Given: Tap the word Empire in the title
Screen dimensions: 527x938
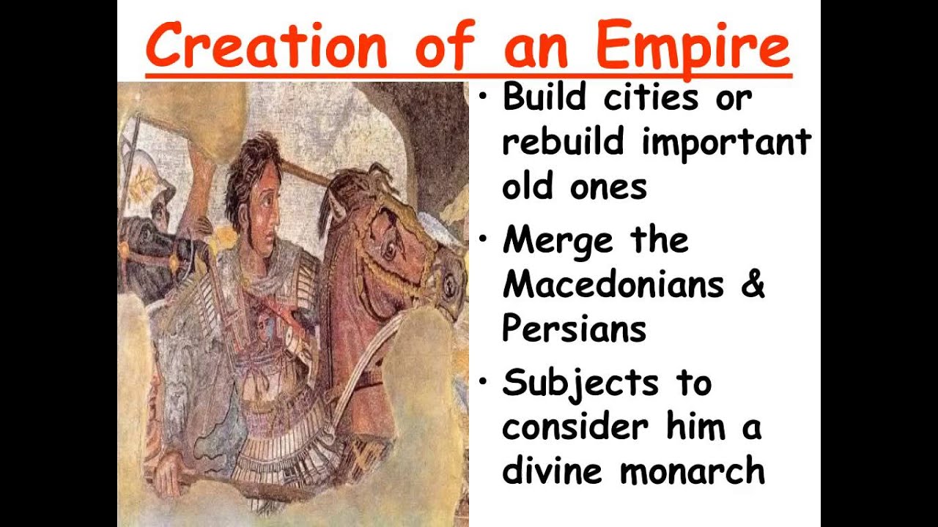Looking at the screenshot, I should tap(693, 45).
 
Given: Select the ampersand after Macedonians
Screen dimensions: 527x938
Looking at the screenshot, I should tap(753, 284).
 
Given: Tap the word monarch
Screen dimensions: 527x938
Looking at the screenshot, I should tap(693, 470).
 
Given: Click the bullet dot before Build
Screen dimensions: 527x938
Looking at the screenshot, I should tap(482, 97).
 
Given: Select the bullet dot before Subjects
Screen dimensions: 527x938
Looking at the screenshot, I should tap(482, 382).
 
